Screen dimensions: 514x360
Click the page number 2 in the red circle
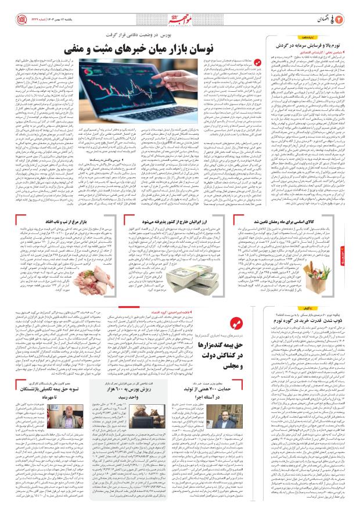tap(347, 10)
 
